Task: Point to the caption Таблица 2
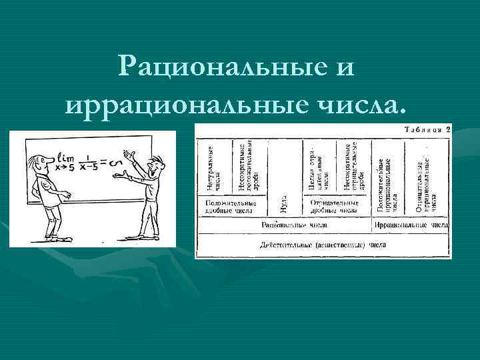(425, 129)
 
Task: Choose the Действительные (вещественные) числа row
(314, 244)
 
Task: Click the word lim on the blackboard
(66, 158)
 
